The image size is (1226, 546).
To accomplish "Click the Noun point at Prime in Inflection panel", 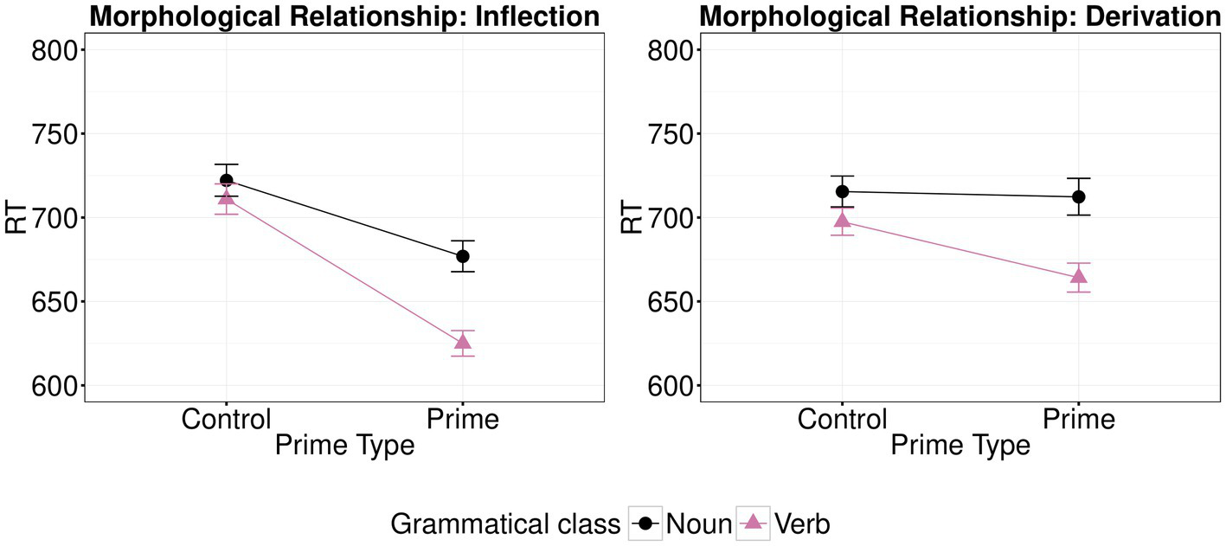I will [463, 256].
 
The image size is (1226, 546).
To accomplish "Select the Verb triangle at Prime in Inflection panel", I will [463, 342].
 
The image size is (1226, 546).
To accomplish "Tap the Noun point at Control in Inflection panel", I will [227, 180].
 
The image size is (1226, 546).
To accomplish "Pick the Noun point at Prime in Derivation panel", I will [1078, 196].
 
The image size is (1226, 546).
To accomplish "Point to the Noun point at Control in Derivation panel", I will [842, 191].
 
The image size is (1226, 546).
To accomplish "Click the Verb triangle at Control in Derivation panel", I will [842, 220].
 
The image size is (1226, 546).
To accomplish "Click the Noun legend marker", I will [645, 524].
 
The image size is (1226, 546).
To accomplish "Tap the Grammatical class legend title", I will [505, 524].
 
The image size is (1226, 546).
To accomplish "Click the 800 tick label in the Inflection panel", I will [55, 50].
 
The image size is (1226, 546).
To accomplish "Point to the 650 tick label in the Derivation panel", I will [671, 302].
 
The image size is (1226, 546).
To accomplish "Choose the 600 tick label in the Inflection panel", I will [55, 386].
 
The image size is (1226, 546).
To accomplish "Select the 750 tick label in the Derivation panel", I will [671, 134].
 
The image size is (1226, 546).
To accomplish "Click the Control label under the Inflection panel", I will [227, 420].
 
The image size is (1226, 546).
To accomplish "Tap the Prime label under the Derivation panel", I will [1078, 420].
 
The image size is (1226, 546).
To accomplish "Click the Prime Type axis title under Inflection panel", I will [344, 446].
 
